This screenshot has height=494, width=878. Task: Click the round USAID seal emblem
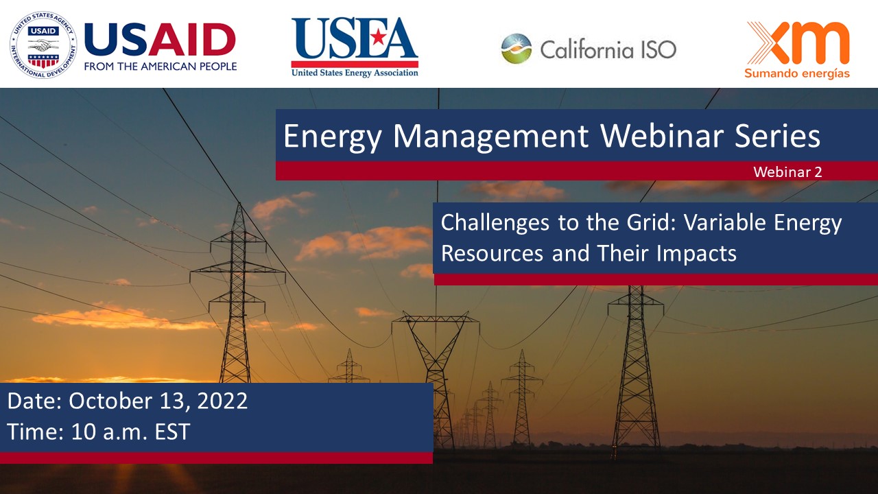pos(43,45)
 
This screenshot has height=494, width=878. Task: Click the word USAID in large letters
pos(160,39)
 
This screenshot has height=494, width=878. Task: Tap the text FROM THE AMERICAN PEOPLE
pos(161,67)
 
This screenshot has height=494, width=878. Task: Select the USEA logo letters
pos(354,40)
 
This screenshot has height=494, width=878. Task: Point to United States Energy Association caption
pos(354,73)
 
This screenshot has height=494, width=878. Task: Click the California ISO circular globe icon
pos(516,49)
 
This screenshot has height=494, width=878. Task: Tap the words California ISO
pos(608,49)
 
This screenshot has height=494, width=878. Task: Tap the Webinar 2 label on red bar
pos(787,172)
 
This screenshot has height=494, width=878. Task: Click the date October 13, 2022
pos(158,401)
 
